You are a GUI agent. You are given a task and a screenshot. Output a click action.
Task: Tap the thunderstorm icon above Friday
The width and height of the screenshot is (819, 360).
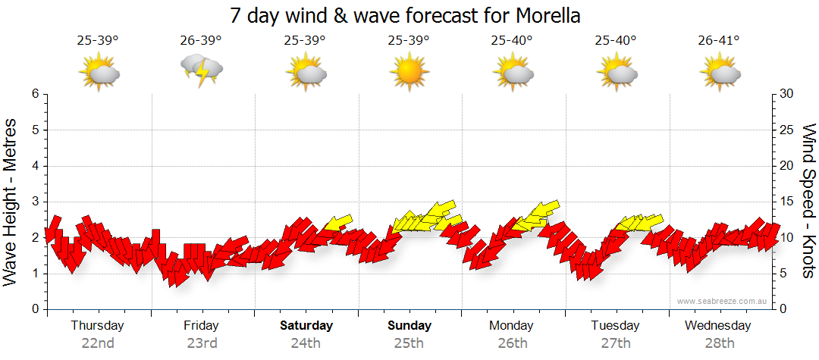tap(202, 71)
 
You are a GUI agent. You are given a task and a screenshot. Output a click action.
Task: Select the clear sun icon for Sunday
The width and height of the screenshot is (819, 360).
tap(409, 72)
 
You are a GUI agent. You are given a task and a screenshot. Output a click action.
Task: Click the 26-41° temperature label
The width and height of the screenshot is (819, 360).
tap(719, 40)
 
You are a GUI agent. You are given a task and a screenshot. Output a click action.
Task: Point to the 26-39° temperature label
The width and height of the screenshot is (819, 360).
tap(201, 40)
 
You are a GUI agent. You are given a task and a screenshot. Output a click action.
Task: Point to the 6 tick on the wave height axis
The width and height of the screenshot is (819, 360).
tap(35, 94)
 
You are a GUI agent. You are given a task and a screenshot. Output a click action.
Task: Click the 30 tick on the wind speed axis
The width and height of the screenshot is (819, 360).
tap(787, 94)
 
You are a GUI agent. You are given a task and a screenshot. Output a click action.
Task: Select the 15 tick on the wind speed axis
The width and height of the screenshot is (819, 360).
tap(787, 202)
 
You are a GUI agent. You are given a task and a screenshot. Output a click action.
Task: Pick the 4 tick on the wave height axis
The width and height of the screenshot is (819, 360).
tap(35, 166)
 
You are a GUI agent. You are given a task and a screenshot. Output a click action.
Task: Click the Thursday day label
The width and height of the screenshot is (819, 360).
tap(97, 326)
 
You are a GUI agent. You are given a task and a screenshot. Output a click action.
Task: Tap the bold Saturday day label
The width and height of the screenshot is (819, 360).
tap(306, 326)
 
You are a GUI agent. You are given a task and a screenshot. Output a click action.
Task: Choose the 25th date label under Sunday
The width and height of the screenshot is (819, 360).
tap(409, 343)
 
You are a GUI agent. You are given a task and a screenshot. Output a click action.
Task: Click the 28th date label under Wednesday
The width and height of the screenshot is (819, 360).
tap(719, 343)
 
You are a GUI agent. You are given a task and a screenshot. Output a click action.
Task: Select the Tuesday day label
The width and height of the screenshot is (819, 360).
tap(616, 326)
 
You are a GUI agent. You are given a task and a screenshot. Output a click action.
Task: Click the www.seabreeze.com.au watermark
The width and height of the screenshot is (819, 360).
tap(723, 301)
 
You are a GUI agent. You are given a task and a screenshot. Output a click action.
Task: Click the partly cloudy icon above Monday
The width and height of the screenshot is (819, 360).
tap(513, 72)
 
